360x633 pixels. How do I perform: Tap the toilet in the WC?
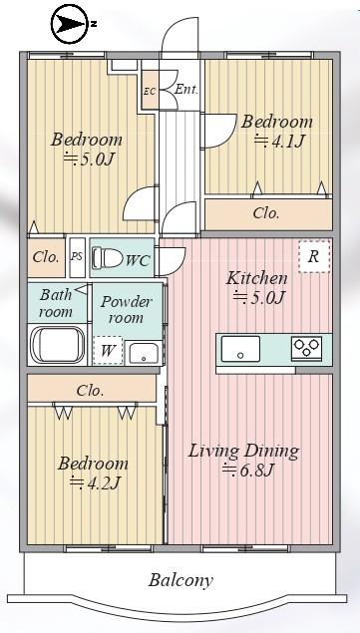tap(107, 257)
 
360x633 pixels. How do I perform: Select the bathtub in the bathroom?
tap(58, 344)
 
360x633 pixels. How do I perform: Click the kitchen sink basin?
tap(240, 348)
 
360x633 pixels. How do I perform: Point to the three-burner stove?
tap(307, 347)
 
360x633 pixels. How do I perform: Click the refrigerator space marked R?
tap(314, 256)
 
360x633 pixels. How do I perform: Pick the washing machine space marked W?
tap(108, 351)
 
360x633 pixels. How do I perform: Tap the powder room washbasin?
tap(144, 353)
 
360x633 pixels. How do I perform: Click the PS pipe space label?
tap(77, 257)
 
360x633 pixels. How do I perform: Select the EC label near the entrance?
tap(150, 91)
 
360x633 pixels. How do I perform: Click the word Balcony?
tap(180, 580)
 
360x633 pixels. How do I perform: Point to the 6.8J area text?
tap(248, 470)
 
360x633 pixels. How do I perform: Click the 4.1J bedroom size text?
tap(279, 141)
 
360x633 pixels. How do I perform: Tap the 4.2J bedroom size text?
tap(94, 481)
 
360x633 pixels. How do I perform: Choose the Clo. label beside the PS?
tap(46, 257)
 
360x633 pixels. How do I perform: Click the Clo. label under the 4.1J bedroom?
tap(266, 213)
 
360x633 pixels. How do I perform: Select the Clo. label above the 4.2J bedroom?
tap(90, 391)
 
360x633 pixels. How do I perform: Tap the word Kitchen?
tap(257, 278)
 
